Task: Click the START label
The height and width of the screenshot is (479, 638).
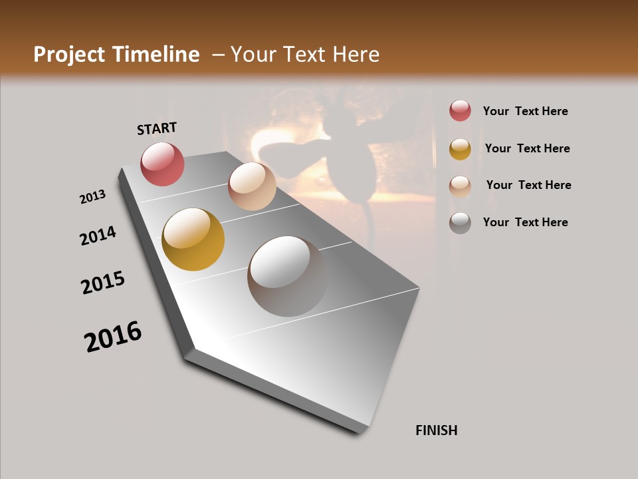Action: coord(157,128)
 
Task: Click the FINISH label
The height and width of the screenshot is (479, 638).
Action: coord(437,430)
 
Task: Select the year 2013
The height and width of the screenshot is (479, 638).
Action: coord(93,197)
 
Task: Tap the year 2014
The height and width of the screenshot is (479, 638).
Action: coord(98,236)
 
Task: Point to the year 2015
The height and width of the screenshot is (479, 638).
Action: coord(103,283)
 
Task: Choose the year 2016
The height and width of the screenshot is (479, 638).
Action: coord(113,337)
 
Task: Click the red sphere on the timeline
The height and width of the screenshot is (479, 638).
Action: coord(162,164)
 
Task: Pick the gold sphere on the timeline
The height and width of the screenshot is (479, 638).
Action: coord(193,239)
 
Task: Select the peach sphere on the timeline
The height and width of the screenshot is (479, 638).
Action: coord(252,186)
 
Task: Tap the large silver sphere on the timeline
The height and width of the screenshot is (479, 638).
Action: coord(288,276)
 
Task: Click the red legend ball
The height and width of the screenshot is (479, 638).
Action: coord(460,111)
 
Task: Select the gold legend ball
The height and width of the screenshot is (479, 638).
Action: coord(460,149)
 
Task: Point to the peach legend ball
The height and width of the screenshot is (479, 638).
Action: coord(460,186)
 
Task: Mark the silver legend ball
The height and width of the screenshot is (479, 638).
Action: coord(460,223)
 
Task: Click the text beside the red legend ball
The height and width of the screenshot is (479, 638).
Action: coord(525,111)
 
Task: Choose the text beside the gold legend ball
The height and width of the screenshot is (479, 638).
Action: coord(527,148)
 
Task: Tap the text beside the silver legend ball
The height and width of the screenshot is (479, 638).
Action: coord(525,222)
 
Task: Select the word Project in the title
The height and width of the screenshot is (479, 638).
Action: coord(70,55)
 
